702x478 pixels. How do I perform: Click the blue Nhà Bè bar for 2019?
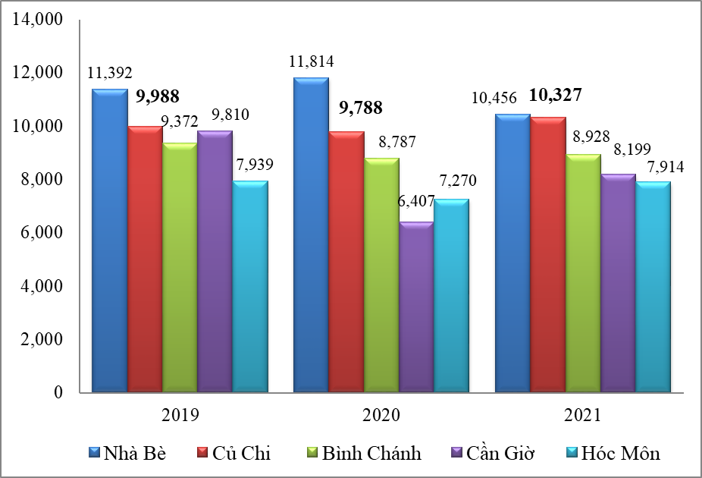110,241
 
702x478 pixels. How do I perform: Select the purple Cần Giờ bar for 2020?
416,307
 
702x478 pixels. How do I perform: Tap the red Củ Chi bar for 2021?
548,255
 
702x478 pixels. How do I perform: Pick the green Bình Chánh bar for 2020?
381,275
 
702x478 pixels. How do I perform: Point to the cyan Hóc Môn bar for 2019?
249,287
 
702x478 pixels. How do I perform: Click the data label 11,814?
312,61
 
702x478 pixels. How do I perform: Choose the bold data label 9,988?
157,96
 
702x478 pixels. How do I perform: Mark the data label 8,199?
619,149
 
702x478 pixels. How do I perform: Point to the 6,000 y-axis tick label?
39,233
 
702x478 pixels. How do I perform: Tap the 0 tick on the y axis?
57,393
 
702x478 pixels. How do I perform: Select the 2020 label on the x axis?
381,415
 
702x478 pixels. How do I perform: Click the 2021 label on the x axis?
582,415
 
